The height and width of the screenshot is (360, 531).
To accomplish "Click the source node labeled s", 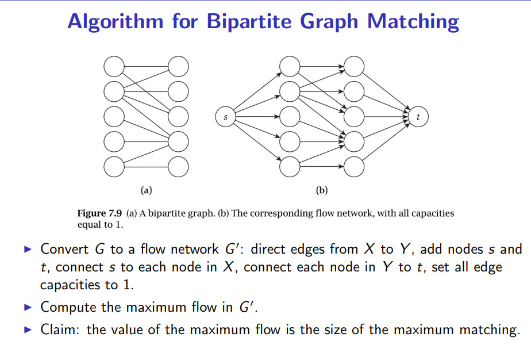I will (x=225, y=117).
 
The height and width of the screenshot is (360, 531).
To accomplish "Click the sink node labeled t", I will (x=418, y=117).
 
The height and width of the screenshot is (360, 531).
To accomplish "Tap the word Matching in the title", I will (x=413, y=21).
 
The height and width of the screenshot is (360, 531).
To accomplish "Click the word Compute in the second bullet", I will (x=68, y=307).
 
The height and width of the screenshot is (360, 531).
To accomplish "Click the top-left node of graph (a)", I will (x=114, y=67).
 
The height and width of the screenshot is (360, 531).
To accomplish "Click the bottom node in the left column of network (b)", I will (x=290, y=166).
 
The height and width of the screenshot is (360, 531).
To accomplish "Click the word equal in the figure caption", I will (x=88, y=224).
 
